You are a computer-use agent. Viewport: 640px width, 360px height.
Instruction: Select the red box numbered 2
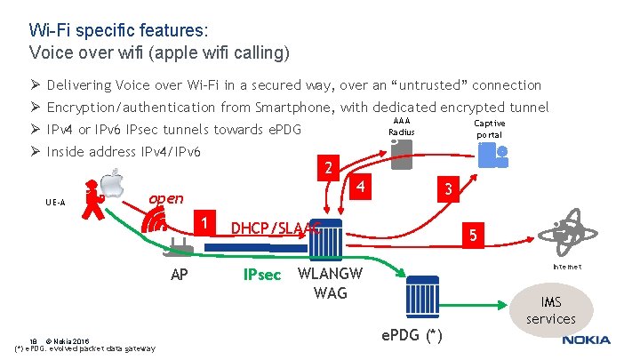coord(328,168)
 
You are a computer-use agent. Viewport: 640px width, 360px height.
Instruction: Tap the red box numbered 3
coord(450,189)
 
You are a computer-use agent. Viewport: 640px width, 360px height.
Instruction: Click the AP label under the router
coord(179,275)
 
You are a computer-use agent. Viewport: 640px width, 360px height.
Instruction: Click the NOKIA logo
coord(586,340)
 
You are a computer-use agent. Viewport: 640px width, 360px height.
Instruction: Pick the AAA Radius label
coord(402,126)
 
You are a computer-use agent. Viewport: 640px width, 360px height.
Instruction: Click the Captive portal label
coord(490,129)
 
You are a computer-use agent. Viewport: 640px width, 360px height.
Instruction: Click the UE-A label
coord(55,203)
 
